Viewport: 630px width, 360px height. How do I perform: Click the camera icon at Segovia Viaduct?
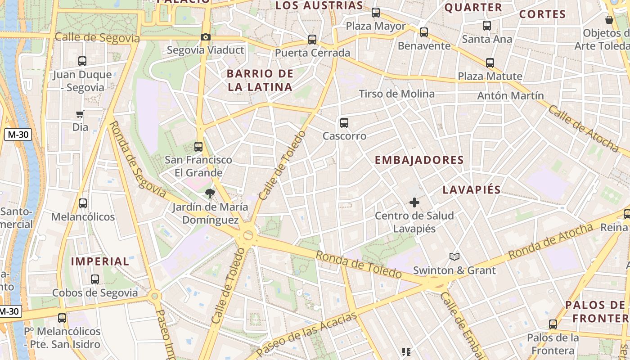(x=206, y=37)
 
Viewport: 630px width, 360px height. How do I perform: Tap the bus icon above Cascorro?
(x=344, y=122)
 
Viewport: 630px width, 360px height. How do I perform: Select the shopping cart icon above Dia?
(x=80, y=114)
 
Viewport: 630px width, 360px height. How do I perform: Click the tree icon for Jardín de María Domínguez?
(x=210, y=194)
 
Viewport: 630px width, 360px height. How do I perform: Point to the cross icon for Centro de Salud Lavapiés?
(x=414, y=202)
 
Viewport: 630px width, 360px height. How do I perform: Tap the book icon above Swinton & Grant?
(x=454, y=257)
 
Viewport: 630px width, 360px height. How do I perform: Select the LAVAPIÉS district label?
(x=471, y=189)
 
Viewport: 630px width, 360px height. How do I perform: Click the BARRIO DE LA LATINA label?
(x=260, y=80)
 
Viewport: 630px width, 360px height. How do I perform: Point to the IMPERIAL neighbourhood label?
(x=100, y=261)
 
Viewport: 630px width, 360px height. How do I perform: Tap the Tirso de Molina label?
(x=396, y=94)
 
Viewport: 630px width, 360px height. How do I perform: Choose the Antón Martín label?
(x=510, y=95)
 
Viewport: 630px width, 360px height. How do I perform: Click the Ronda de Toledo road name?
(x=358, y=264)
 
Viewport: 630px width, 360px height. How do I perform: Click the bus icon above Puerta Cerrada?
(x=312, y=40)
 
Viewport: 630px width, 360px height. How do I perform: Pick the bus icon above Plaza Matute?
(x=490, y=63)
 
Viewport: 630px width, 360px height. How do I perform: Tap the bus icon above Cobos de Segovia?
(x=95, y=279)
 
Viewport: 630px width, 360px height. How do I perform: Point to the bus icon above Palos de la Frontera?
(x=553, y=324)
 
